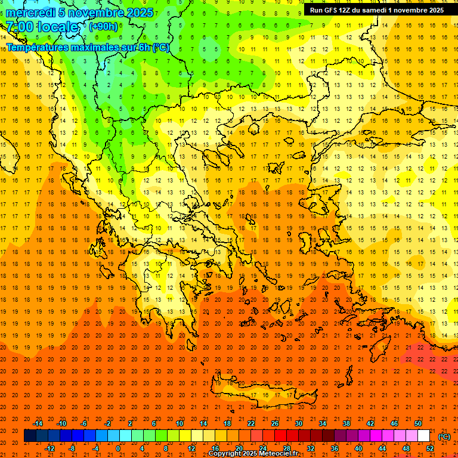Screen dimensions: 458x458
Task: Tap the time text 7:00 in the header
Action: tap(21, 27)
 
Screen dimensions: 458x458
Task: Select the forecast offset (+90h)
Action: tap(103, 27)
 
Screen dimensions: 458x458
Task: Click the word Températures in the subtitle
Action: tap(37, 47)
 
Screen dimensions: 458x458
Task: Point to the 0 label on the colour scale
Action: tap(118, 448)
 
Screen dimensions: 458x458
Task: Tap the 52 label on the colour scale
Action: tap(430, 448)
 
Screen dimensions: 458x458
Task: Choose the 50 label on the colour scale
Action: tap(418, 423)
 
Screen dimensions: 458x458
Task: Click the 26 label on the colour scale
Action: tap(275, 423)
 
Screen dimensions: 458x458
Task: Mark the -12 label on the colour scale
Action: tap(49, 448)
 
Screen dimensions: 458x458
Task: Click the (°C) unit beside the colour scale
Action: tap(444, 436)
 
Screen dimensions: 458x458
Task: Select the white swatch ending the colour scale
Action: tap(423, 436)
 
